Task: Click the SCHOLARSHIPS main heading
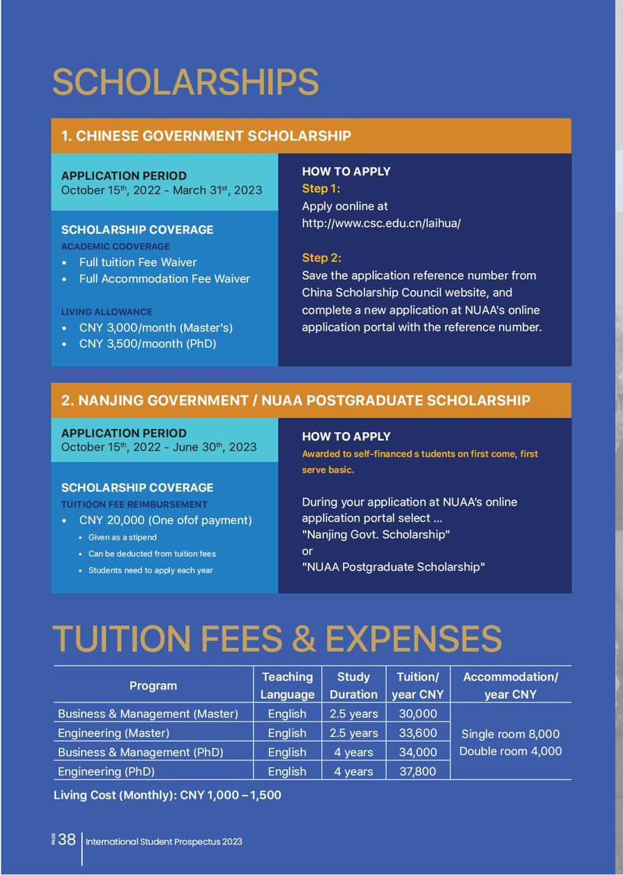tap(186, 83)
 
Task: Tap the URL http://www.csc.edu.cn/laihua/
tap(381, 223)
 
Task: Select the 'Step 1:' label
tap(321, 189)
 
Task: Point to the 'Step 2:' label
tap(321, 258)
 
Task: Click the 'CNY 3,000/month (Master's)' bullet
tap(156, 328)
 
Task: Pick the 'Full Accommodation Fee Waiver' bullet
tap(165, 278)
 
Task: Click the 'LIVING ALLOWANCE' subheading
tap(107, 312)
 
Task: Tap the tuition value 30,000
tap(418, 714)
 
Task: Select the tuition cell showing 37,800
tap(418, 771)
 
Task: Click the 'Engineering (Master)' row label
tap(113, 733)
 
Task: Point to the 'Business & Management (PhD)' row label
tap(140, 753)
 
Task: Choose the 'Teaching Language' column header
tap(287, 685)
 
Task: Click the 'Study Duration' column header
tap(353, 685)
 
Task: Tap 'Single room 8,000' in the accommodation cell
tap(510, 734)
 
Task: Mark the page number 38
tap(67, 840)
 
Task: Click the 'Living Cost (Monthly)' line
tap(167, 795)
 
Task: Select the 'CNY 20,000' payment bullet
tap(165, 520)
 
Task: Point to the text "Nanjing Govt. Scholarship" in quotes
tap(376, 534)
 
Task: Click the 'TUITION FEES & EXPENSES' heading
tap(277, 639)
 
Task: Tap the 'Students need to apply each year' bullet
tap(150, 570)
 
